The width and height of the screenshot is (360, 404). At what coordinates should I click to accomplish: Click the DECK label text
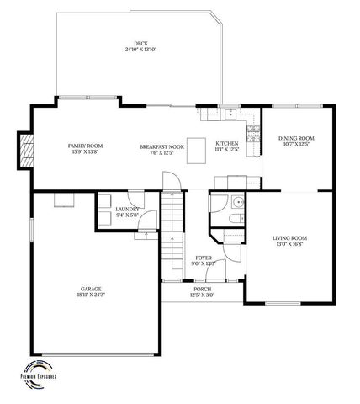(140, 44)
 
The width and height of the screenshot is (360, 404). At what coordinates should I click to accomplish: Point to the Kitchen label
(227, 143)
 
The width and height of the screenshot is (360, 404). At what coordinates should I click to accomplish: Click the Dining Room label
(296, 138)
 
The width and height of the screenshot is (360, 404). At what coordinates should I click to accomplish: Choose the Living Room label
(289, 238)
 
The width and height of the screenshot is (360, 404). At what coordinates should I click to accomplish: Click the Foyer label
(204, 258)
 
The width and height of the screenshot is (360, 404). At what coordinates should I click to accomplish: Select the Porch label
(203, 290)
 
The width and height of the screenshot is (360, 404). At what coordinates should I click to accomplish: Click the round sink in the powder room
(238, 202)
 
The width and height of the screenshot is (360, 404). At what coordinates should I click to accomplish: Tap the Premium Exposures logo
(39, 373)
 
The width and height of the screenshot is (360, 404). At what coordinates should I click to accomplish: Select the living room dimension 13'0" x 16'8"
(289, 245)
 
